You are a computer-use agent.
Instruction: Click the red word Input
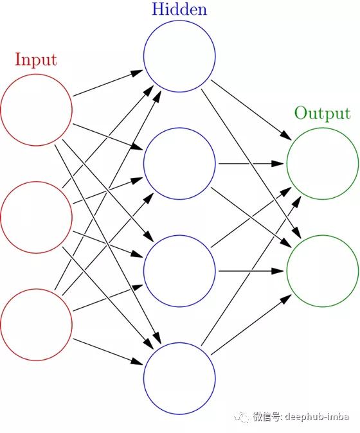click(36, 60)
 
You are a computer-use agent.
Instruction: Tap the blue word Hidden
click(179, 9)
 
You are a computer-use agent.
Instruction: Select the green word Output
click(323, 114)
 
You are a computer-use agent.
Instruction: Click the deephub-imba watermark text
click(317, 416)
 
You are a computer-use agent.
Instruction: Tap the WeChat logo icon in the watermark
click(242, 417)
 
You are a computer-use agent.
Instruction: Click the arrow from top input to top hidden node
click(108, 83)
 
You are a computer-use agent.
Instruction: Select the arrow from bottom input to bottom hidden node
click(108, 351)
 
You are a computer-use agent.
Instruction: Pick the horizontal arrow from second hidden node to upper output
click(251, 164)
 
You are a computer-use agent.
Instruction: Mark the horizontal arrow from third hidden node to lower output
click(251, 271)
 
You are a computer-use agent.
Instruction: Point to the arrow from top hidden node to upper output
click(251, 110)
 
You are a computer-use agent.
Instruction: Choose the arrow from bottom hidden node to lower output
click(251, 325)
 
